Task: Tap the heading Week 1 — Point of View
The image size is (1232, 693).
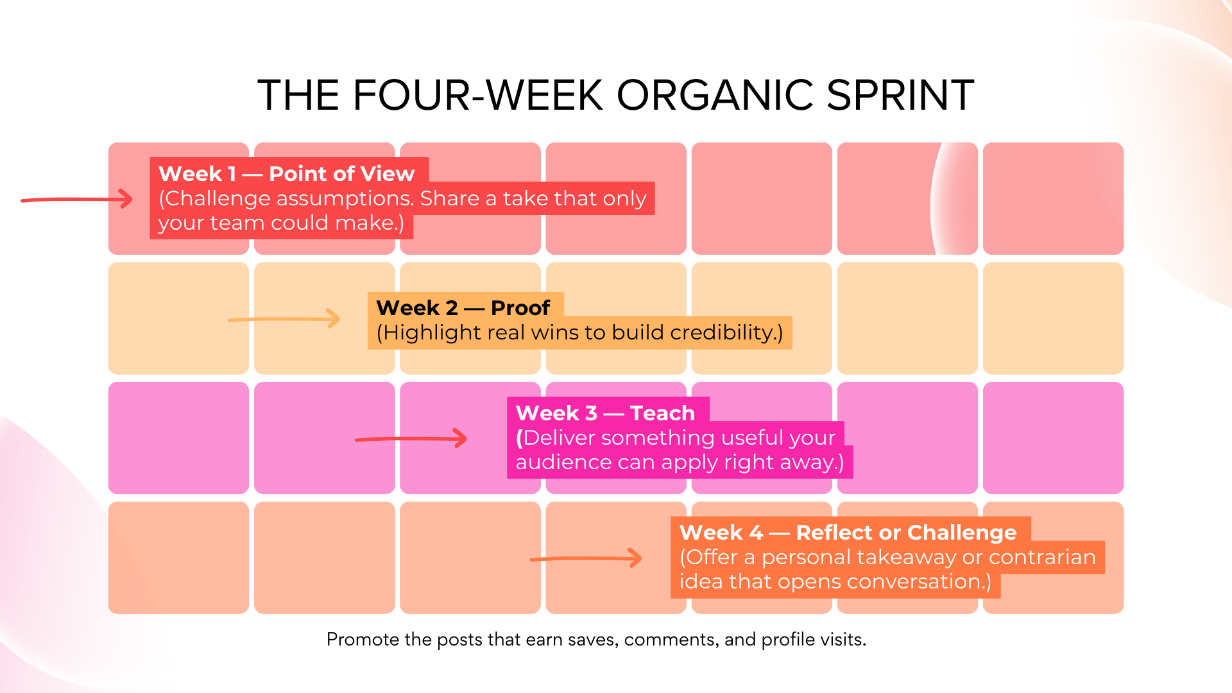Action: point(286,174)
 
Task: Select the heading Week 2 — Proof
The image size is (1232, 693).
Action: point(463,308)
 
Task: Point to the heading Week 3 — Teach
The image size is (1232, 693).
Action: point(604,413)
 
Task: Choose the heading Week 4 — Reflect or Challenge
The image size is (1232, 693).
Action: point(847,533)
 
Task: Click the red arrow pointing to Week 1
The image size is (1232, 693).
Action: point(77,200)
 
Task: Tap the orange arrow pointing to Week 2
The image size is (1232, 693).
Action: point(284,318)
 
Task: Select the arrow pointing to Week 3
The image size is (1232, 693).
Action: point(411,439)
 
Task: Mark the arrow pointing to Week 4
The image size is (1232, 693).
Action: point(586,558)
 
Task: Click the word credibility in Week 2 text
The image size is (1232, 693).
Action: point(722,333)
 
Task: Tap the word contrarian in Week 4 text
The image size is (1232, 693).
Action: point(1041,557)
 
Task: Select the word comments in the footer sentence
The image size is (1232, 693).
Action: point(671,640)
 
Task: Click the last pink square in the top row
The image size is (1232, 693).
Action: point(1053,198)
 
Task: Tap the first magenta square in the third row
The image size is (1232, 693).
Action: point(178,438)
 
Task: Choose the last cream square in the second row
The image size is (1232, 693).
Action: point(1053,318)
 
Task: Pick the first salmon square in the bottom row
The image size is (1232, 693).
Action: point(178,558)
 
